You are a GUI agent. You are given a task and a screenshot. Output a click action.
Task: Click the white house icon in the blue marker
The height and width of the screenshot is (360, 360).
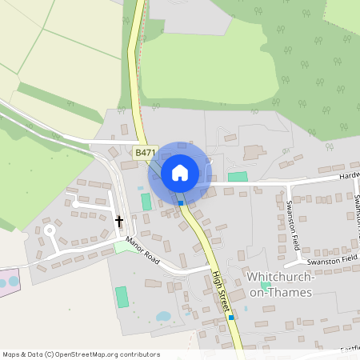(180, 172)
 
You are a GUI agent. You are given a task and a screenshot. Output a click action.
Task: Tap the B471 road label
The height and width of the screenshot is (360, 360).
(145, 152)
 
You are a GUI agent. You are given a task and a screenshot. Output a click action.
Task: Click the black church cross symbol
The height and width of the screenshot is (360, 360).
(120, 220)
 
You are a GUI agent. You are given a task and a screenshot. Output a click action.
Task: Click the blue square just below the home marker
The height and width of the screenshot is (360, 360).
(181, 202)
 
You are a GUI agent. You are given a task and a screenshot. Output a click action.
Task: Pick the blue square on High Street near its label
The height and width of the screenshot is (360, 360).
(230, 318)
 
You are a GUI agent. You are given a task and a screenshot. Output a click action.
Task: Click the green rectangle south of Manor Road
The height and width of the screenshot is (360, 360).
(122, 296)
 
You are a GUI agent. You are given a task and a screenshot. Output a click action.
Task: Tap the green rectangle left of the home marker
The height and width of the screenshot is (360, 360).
(146, 202)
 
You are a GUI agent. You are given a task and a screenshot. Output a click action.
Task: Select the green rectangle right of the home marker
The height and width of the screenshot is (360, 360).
(238, 176)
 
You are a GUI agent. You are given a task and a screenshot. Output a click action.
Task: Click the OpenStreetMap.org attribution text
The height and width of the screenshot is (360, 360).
(104, 354)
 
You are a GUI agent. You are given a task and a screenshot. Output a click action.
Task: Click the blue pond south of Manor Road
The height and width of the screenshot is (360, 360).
(163, 316)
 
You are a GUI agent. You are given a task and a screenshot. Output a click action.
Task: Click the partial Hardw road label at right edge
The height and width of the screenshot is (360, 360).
(349, 175)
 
